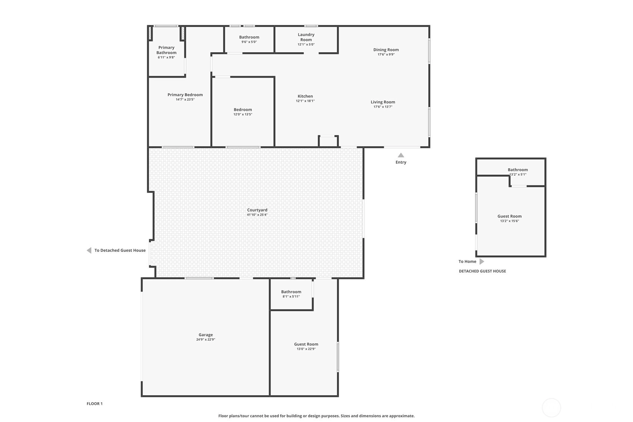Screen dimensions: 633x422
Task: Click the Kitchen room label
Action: (x=305, y=96)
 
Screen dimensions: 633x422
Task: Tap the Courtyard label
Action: (x=257, y=210)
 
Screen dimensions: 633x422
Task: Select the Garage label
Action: (x=206, y=335)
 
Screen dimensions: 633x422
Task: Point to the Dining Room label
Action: (x=386, y=50)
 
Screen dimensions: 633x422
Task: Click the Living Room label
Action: (x=383, y=102)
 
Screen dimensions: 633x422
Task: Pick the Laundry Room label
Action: (x=306, y=37)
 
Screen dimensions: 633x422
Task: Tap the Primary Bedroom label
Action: (x=185, y=95)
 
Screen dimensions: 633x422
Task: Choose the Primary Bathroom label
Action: (x=166, y=50)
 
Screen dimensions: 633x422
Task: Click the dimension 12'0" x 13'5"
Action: (x=243, y=115)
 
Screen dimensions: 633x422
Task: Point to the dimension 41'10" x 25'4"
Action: (x=257, y=215)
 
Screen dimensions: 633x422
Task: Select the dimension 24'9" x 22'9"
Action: (x=206, y=340)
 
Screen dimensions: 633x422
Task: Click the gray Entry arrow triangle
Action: (x=401, y=155)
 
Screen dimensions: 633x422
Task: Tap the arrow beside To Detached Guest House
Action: (x=89, y=250)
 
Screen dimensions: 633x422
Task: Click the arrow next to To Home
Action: (x=482, y=262)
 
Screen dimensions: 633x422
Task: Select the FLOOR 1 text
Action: (x=95, y=404)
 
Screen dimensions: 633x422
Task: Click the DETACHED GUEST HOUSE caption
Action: (x=482, y=271)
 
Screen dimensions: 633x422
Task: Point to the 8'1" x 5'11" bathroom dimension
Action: (x=291, y=297)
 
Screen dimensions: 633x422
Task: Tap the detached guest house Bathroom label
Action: (x=518, y=170)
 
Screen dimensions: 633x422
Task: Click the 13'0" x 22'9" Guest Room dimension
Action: (x=306, y=349)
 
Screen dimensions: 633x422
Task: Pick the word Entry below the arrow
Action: (x=401, y=162)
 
